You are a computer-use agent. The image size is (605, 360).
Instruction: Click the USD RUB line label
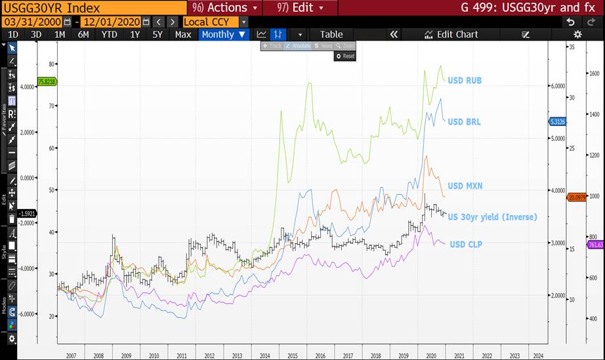[x=465, y=81]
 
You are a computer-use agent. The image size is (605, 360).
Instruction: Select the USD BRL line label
[x=464, y=122]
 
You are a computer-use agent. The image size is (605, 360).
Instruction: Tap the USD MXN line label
[x=465, y=186]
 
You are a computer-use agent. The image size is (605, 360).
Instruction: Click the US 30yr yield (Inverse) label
[x=492, y=216]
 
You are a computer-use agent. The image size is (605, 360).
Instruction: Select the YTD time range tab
[x=110, y=34]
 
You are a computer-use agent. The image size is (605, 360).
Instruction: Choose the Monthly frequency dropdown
[x=224, y=34]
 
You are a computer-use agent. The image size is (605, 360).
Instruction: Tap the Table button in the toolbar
[x=331, y=34]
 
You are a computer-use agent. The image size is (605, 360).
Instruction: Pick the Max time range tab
[x=183, y=34]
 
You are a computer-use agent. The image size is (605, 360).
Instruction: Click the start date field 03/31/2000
[x=32, y=22]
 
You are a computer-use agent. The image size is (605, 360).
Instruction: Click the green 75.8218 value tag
[x=47, y=81]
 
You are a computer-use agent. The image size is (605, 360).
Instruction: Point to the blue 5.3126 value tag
[x=556, y=122]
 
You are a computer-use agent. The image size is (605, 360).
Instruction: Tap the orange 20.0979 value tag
[x=576, y=197]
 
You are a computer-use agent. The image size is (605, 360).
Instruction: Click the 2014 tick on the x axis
[x=264, y=355]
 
